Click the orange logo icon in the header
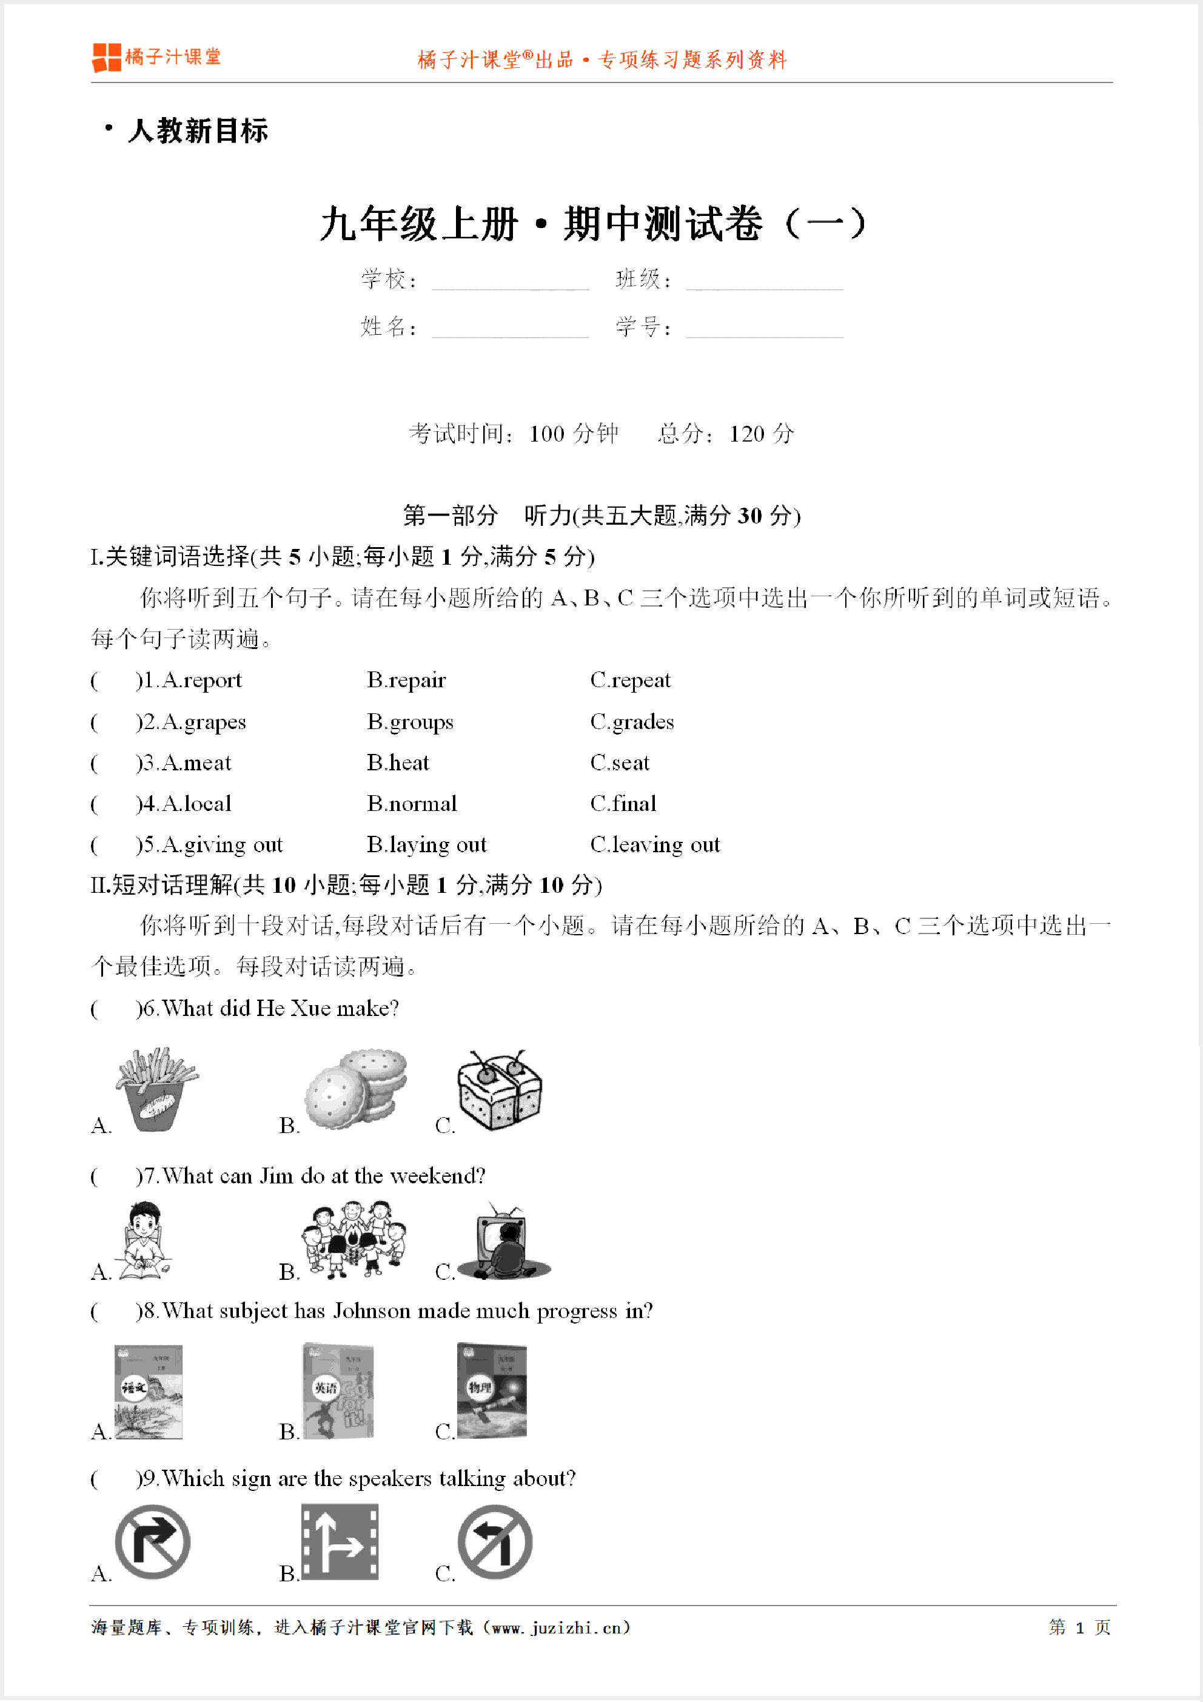click(106, 57)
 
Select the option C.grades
click(632, 721)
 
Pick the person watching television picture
click(504, 1242)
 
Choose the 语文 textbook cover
click(148, 1391)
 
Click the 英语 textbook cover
click(338, 1391)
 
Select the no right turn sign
click(153, 1542)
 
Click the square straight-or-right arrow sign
click(340, 1542)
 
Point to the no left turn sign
click(494, 1542)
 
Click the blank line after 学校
click(510, 281)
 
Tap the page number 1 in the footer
click(1079, 1627)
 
